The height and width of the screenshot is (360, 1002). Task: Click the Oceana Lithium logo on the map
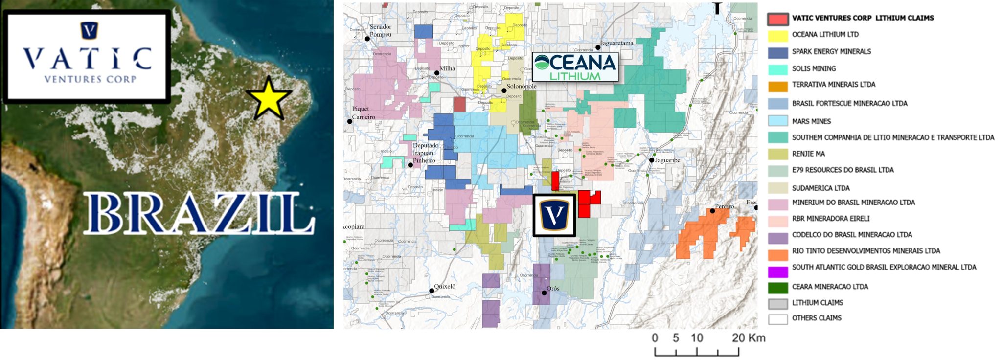point(575,67)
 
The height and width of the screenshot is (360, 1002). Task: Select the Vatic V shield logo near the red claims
point(554,215)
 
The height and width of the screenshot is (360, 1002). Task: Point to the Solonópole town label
point(522,86)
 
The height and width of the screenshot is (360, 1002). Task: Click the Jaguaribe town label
point(667,160)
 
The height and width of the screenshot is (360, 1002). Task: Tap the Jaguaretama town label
point(616,43)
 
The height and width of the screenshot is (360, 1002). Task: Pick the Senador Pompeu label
point(381,30)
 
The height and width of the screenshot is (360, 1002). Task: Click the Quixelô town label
point(445,287)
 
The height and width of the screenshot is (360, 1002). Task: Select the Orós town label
point(553,289)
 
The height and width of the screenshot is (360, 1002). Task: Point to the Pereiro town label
point(724,206)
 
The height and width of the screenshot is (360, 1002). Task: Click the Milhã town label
point(447,68)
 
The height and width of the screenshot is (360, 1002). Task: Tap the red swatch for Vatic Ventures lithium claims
point(777,19)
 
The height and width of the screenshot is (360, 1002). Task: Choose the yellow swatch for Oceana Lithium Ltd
point(777,35)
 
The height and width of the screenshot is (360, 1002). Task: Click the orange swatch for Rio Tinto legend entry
point(777,254)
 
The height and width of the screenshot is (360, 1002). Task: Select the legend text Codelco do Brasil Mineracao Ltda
point(852,235)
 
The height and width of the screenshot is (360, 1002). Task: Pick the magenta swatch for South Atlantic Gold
point(777,271)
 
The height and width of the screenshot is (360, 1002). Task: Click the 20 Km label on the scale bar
point(749,338)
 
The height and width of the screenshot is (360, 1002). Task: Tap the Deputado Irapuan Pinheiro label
point(426,153)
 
